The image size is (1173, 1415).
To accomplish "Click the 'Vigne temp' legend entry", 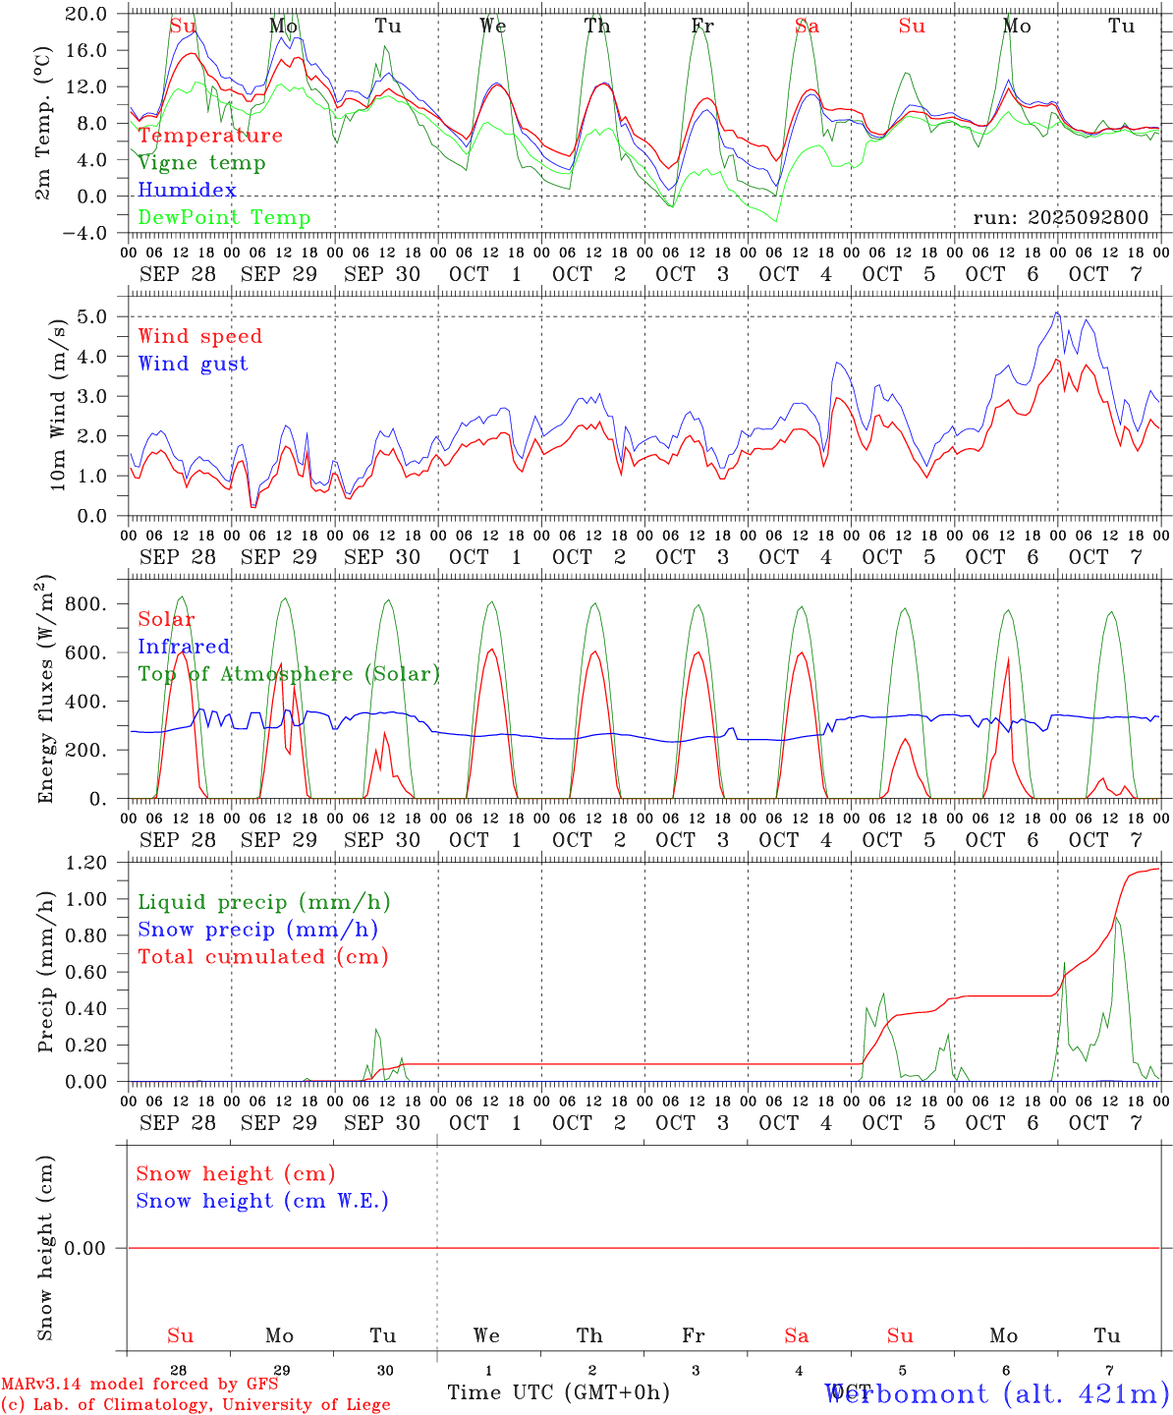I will point(201,163).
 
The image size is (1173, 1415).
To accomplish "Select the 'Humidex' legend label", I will point(187,191).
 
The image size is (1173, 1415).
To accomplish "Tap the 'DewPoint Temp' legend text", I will point(224,218).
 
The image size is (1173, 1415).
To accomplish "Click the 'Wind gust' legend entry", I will point(193,364).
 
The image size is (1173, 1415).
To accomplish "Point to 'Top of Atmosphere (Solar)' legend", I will point(289,674).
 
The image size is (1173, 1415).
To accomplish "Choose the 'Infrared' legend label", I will point(184,647).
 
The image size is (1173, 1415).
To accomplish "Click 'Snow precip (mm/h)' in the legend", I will point(257,930).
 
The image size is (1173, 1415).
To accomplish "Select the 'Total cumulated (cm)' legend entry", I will point(262,957).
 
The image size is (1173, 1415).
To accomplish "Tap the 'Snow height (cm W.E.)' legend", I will point(261,1201).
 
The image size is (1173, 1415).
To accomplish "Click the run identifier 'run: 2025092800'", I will point(1060,217).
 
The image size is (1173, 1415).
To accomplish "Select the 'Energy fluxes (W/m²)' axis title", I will point(45,690).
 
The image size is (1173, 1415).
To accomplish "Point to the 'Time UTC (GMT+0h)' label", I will point(558,1392).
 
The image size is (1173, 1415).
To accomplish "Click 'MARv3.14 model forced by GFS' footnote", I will point(140,1385).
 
